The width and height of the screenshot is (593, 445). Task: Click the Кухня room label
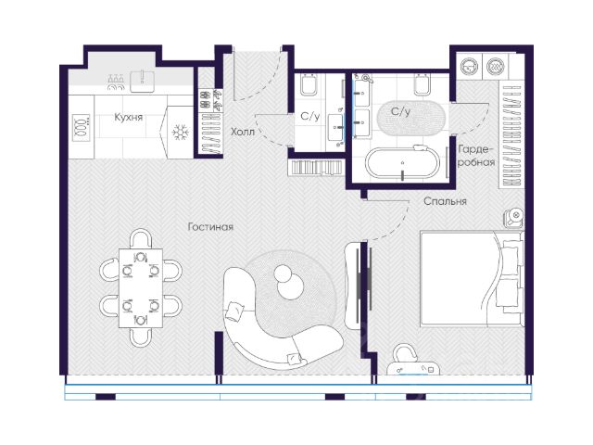[x=129, y=118]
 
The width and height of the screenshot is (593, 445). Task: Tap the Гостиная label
[x=210, y=226]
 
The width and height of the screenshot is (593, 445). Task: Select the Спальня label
[x=445, y=201]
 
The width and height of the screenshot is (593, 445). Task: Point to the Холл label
[x=243, y=132]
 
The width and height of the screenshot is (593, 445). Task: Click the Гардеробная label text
[x=476, y=156]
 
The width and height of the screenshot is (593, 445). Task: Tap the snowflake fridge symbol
[x=181, y=133]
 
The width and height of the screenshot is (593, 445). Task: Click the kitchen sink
[x=142, y=81]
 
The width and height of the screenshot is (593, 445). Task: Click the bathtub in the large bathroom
[x=403, y=162]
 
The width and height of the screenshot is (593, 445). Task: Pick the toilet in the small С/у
[x=309, y=84]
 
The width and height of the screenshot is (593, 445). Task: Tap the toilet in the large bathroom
[x=423, y=84]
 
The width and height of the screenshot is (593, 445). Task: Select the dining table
[x=141, y=288]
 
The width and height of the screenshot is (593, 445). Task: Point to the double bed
[x=472, y=278]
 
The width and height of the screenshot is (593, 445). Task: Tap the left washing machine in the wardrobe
[x=470, y=67]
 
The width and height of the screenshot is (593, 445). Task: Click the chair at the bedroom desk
[x=404, y=354]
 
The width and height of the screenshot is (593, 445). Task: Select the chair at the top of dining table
[x=141, y=238]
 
